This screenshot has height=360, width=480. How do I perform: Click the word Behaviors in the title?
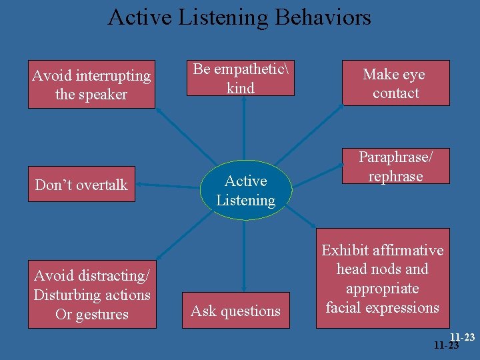pyautogui.click(x=320, y=17)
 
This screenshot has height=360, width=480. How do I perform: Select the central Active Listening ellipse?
pyautogui.click(x=245, y=190)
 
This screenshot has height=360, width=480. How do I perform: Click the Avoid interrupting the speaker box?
pyautogui.click(x=91, y=85)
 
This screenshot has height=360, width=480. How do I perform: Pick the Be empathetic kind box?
pyautogui.click(x=240, y=79)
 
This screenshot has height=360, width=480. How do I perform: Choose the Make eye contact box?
pyautogui.click(x=395, y=83)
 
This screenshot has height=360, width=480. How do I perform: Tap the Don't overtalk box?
pyautogui.click(x=81, y=185)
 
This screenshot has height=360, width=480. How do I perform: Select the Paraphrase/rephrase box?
pyautogui.click(x=395, y=166)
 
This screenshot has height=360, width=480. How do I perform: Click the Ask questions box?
pyautogui.click(x=235, y=311)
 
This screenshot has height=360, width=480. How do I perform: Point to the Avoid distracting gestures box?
pyautogui.click(x=92, y=295)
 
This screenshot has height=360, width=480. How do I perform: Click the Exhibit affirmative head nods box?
pyautogui.click(x=383, y=279)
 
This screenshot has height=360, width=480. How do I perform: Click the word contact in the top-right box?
pyautogui.click(x=396, y=93)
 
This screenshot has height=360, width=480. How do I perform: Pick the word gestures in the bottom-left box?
pyautogui.click(x=101, y=315)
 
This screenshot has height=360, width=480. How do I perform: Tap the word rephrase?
pyautogui.click(x=396, y=177)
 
